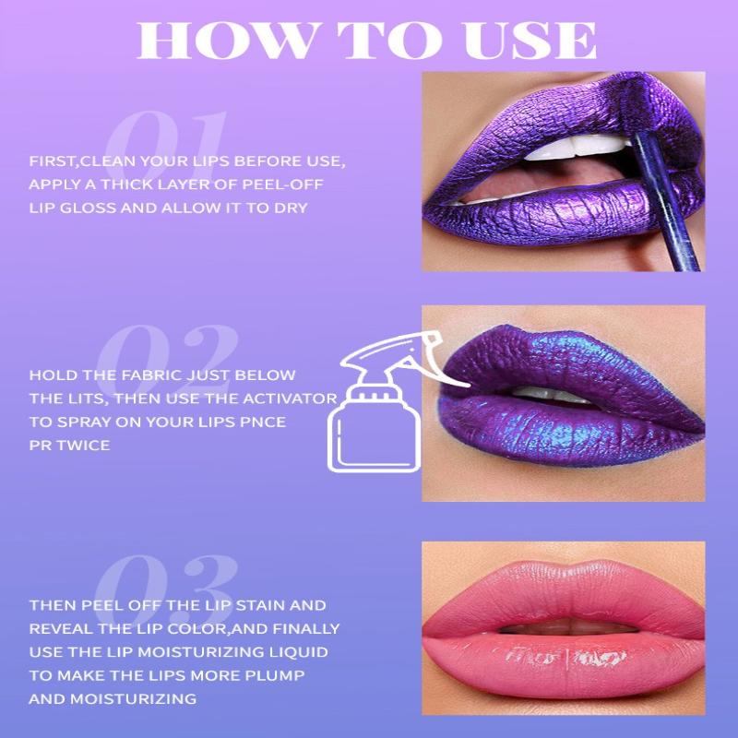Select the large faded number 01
(x=166, y=141)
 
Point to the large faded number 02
(x=167, y=356)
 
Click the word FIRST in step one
(x=53, y=161)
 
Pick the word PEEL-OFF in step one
(x=282, y=184)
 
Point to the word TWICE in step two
(x=83, y=446)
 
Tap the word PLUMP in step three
(x=274, y=675)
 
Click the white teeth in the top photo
(x=575, y=147)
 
